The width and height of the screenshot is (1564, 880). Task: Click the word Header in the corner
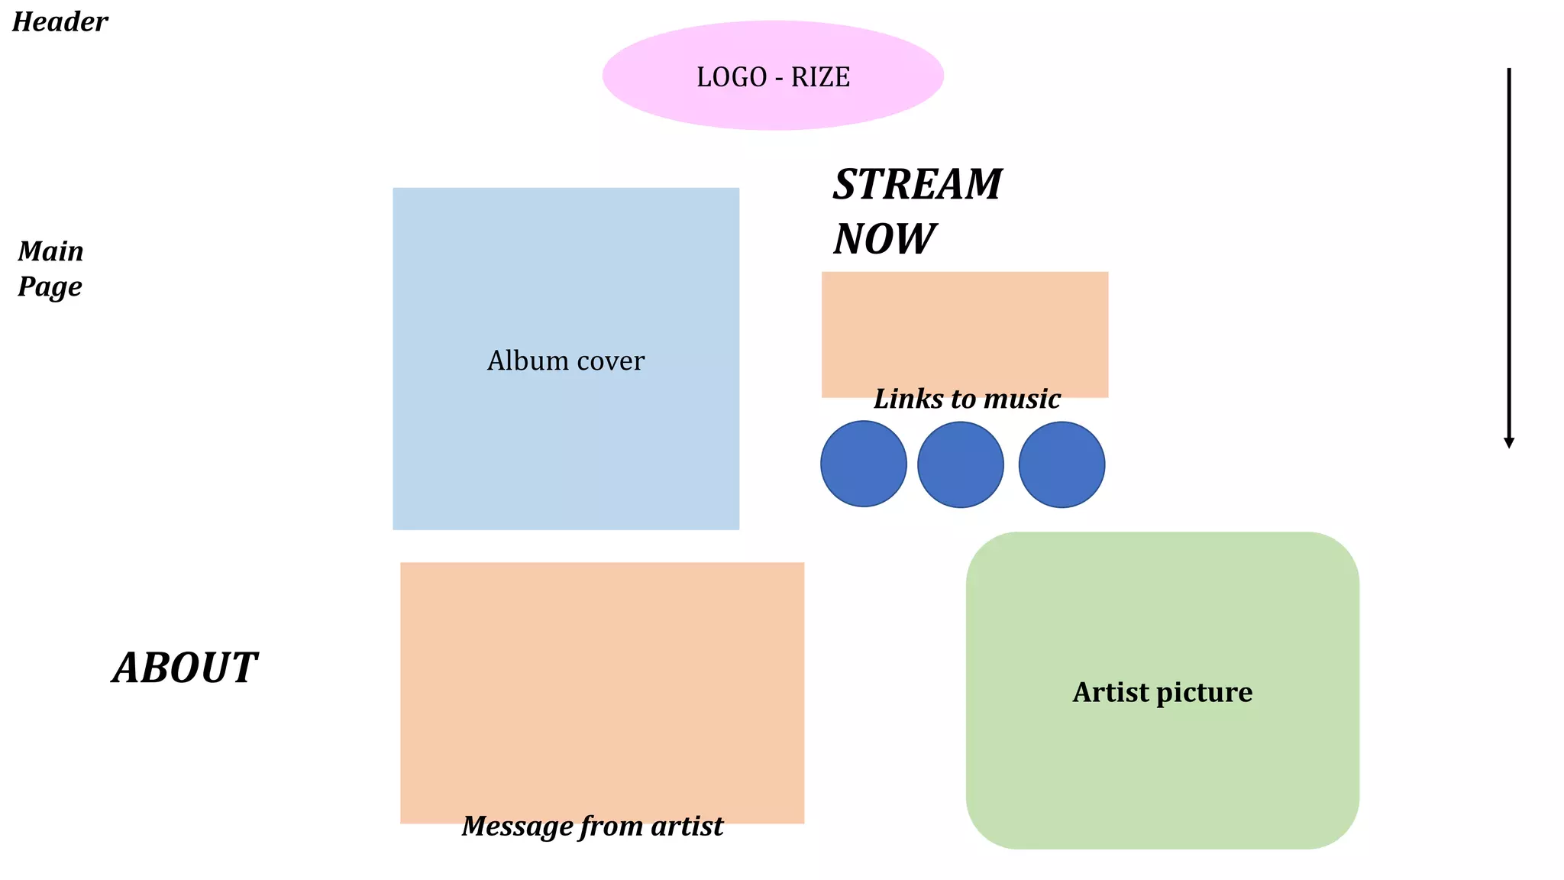pos(60,22)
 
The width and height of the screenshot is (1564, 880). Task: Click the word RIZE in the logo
pos(820,77)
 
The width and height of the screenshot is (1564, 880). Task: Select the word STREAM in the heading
pos(917,185)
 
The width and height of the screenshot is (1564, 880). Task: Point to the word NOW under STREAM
pos(884,239)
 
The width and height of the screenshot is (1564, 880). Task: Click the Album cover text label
pos(566,361)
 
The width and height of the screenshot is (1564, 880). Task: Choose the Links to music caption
pos(967,399)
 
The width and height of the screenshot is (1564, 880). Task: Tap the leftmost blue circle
pos(864,464)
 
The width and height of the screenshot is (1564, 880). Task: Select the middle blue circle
pos(960,464)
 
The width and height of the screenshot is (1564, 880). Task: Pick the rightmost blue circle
pos(1062,464)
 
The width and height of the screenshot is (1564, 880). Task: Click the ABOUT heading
pos(185,668)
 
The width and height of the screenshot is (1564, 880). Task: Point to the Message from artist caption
pos(593,826)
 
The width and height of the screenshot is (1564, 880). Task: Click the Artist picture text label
pos(1162,692)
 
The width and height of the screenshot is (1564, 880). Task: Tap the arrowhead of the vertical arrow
pos(1508,442)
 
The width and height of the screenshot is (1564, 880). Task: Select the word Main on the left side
pos(50,251)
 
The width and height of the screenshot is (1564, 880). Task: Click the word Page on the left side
pos(50,287)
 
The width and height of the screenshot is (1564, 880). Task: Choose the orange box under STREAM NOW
pos(965,328)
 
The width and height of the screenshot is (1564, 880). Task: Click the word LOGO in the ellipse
pos(732,77)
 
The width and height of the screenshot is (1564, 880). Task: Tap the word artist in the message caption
pos(687,826)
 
